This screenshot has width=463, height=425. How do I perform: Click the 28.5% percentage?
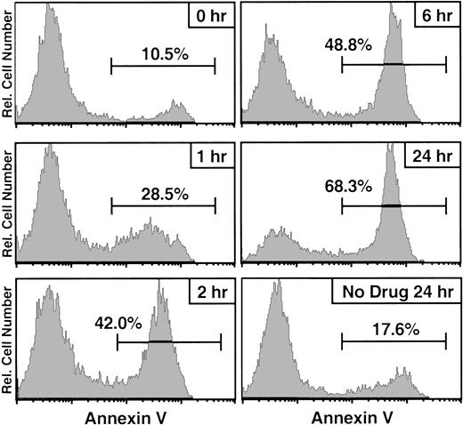(163, 191)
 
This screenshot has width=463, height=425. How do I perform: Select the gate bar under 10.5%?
(163, 65)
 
